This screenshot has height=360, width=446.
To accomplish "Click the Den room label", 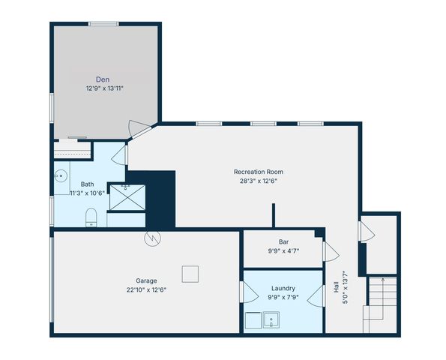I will (x=103, y=79).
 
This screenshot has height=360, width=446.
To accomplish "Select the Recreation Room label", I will (x=258, y=172).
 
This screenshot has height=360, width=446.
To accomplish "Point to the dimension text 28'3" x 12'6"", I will (x=258, y=181).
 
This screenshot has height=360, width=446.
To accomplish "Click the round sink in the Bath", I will (x=60, y=177).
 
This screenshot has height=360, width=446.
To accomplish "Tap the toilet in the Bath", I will (x=91, y=217).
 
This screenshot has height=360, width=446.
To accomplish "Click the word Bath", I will (x=88, y=184).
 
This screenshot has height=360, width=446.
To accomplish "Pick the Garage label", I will (x=146, y=280).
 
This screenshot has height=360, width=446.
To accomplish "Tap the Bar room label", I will (x=284, y=242).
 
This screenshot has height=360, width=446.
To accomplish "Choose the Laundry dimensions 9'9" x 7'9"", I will (x=283, y=297).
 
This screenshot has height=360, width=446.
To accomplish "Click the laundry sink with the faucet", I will (x=271, y=322).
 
